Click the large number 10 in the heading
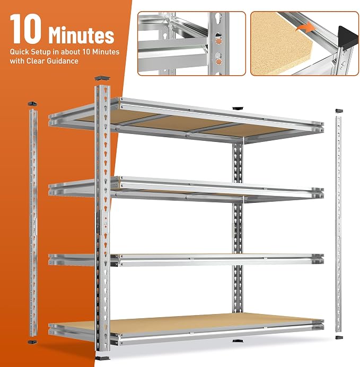pos(26,29)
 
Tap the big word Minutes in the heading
pos(81,35)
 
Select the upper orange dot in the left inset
pos(218,41)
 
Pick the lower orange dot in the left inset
pos(218,61)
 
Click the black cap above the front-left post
pos(102,78)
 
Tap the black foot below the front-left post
pos(102,358)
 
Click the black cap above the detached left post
pos(32,103)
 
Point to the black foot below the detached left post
pos(32,342)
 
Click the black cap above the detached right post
pos(339,111)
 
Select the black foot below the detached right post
pos(339,337)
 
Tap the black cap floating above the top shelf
pos(238,108)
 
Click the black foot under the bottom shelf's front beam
pos(238,341)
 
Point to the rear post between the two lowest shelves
pos(238,289)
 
